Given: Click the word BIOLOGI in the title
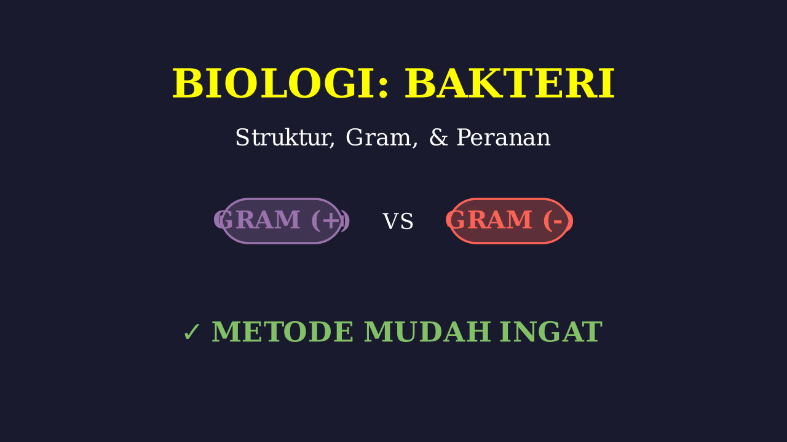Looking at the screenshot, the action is pyautogui.click(x=272, y=84).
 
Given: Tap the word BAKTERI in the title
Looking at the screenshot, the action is pyautogui.click(x=510, y=84).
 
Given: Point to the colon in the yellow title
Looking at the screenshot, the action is pyautogui.click(x=383, y=88).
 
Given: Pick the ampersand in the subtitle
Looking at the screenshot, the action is pyautogui.click(x=438, y=138).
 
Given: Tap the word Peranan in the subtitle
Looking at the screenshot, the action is pyautogui.click(x=503, y=138).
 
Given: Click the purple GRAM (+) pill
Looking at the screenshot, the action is pyautogui.click(x=282, y=220).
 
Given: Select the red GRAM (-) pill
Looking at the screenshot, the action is pyautogui.click(x=510, y=220).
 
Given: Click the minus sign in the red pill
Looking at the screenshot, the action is pyautogui.click(x=558, y=222).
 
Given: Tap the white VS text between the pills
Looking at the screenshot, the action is pyautogui.click(x=398, y=222).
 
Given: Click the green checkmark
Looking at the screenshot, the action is pyautogui.click(x=192, y=332).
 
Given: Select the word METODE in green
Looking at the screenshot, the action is pyautogui.click(x=282, y=332).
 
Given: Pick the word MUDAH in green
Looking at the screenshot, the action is pyautogui.click(x=427, y=332).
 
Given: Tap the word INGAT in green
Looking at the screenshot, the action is pyautogui.click(x=551, y=332).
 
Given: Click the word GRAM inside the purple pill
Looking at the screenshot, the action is pyautogui.click(x=258, y=220).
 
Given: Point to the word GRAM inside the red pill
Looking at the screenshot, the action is pyautogui.click(x=490, y=220).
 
